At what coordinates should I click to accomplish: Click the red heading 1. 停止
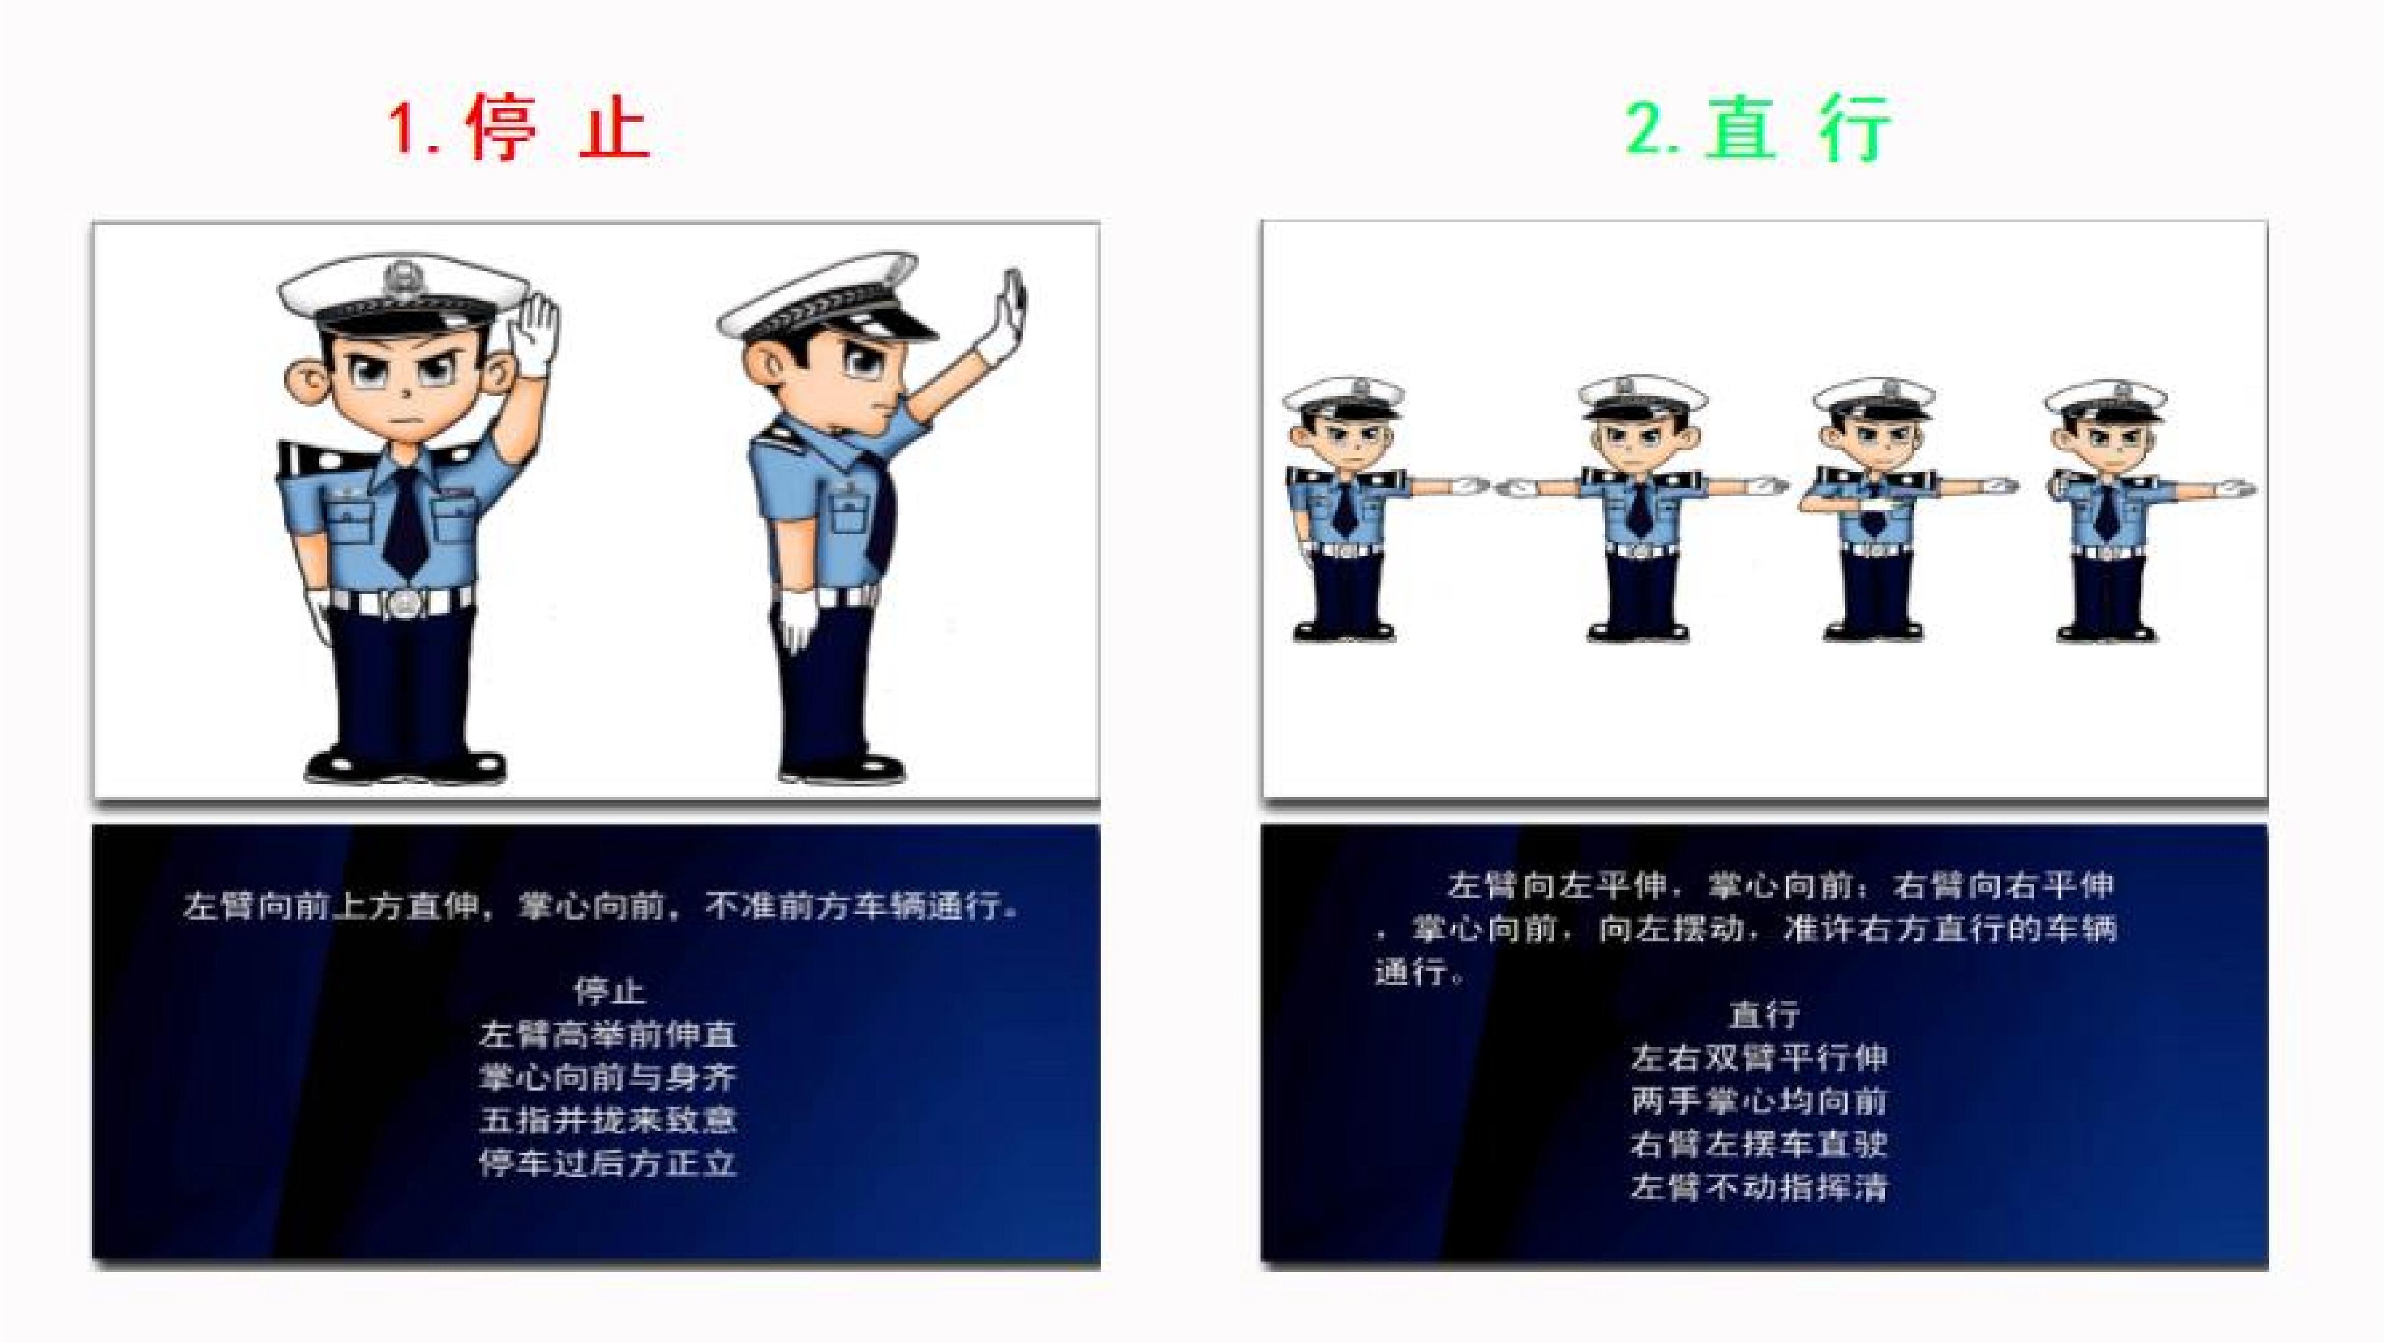click(x=520, y=130)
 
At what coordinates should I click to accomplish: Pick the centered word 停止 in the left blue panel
click(x=609, y=991)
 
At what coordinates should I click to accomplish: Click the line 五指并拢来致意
click(x=608, y=1120)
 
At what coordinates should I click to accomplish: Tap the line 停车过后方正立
click(x=608, y=1162)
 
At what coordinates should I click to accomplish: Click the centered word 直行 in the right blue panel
click(x=1763, y=1014)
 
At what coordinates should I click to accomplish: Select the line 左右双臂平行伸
click(x=1759, y=1058)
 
